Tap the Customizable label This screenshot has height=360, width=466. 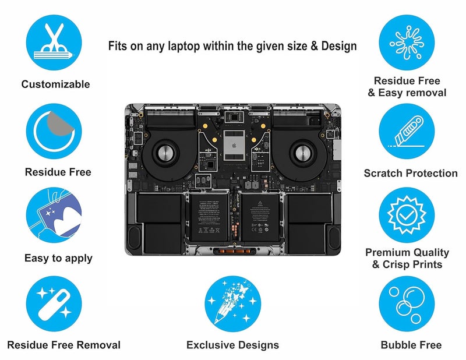[x=55, y=84]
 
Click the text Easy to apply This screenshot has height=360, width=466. [x=58, y=258]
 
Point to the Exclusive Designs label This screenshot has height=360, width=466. [x=232, y=345]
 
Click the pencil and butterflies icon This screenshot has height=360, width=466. [x=232, y=303]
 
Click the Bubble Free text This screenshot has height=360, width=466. [x=411, y=345]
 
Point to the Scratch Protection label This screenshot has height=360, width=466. [x=411, y=173]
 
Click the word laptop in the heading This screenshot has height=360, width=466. [x=188, y=46]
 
